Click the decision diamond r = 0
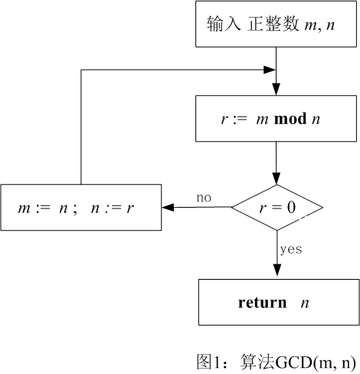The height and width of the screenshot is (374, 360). [x=277, y=207]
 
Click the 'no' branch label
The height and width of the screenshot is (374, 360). [x=204, y=198]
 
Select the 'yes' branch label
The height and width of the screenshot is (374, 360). [x=290, y=249]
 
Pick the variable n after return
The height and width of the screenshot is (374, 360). [x=305, y=303]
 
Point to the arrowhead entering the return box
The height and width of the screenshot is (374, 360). [x=277, y=274]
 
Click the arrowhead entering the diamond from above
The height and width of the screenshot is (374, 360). [x=277, y=180]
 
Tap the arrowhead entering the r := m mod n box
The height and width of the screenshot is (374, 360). [x=277, y=90]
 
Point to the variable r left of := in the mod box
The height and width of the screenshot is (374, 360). [x=224, y=120]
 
